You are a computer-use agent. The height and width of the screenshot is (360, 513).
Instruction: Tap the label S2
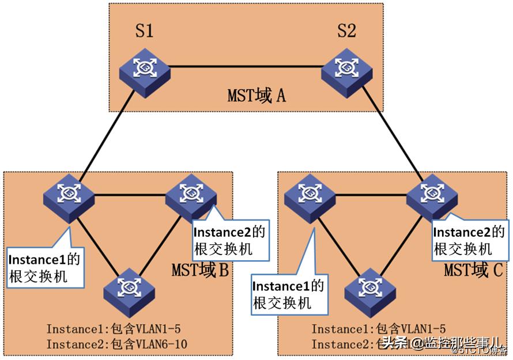[346, 31]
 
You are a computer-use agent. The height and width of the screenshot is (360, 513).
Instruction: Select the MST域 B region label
[200, 270]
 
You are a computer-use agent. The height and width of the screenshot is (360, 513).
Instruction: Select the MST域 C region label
[473, 270]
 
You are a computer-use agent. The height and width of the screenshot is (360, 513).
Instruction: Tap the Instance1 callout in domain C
[288, 294]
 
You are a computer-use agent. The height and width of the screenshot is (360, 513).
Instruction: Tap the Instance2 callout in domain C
[469, 241]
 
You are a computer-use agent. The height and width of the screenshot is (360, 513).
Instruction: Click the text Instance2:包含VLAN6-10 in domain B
[117, 344]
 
